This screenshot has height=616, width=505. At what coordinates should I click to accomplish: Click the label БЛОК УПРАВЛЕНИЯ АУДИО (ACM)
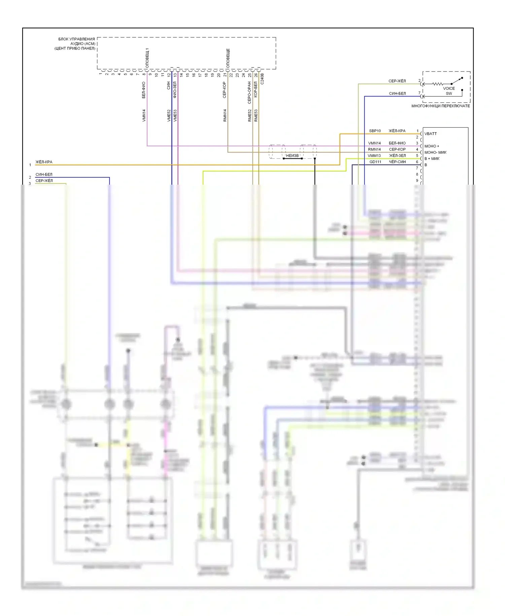(x=77, y=41)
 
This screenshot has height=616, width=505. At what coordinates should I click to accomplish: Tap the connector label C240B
(x=262, y=79)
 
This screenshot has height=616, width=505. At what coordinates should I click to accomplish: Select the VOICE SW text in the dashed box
(x=449, y=91)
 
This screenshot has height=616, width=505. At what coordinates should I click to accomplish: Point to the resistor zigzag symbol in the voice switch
(x=437, y=84)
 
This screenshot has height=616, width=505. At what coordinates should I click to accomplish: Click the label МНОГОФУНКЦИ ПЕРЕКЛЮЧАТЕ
(x=440, y=106)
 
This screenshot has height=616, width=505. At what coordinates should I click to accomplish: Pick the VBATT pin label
(x=431, y=134)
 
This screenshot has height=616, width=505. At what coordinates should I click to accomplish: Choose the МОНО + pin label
(x=432, y=146)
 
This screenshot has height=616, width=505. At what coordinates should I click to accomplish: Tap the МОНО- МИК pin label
(x=435, y=152)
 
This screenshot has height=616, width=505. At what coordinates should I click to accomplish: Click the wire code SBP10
(x=375, y=131)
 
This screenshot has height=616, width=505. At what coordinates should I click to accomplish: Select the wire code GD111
(x=375, y=162)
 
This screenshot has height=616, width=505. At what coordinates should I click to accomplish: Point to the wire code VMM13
(x=374, y=156)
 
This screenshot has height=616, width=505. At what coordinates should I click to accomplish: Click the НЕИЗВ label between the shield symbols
(x=292, y=156)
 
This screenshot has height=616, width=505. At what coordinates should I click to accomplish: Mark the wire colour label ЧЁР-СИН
(x=397, y=162)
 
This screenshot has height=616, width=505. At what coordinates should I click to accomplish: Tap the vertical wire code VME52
(x=169, y=115)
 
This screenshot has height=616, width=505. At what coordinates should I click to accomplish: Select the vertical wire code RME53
(x=256, y=115)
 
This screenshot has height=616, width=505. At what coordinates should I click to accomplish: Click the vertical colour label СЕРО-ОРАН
(x=249, y=92)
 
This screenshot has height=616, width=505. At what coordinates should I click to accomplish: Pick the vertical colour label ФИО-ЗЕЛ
(x=175, y=90)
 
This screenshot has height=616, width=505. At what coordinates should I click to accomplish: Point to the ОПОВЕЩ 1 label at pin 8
(x=147, y=58)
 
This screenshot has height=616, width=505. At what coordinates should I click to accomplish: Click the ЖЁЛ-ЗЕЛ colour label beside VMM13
(x=397, y=156)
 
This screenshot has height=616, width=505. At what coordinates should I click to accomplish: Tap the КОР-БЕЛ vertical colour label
(x=256, y=89)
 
